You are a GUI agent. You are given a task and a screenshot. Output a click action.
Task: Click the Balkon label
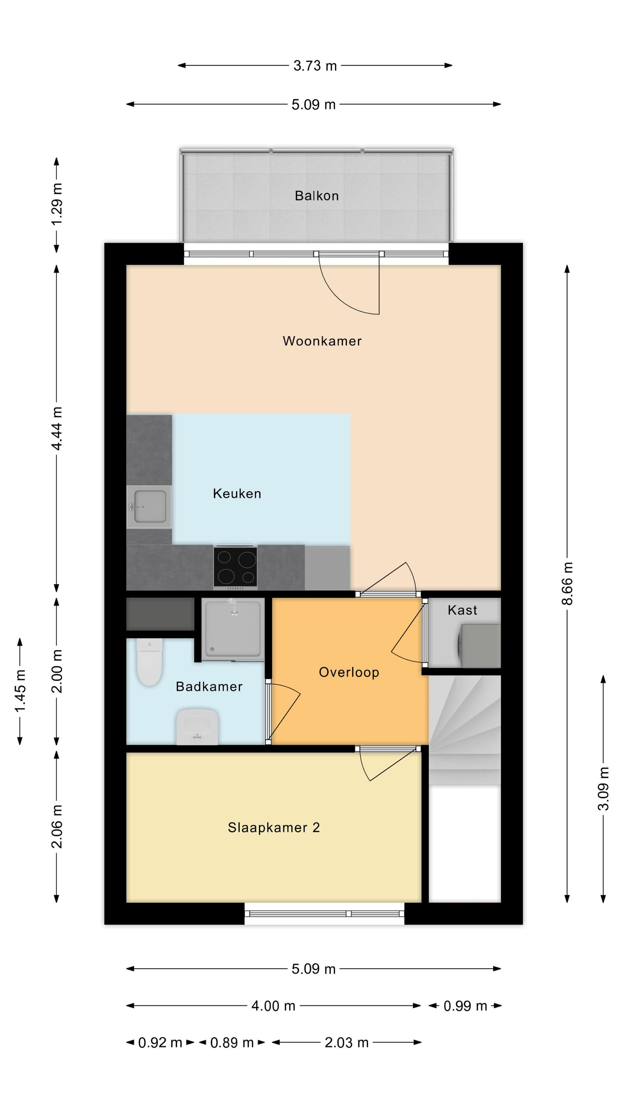(x=316, y=196)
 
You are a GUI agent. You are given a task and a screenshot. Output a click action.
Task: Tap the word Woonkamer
(x=322, y=341)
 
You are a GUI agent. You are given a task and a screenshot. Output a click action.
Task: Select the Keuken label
(x=237, y=493)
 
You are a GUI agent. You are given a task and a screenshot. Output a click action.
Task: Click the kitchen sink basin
(x=149, y=507)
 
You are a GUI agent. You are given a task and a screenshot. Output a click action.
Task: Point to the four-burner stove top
(x=235, y=567)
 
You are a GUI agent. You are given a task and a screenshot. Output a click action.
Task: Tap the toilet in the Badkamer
(x=149, y=662)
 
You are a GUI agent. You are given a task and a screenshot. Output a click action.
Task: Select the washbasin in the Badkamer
(x=197, y=726)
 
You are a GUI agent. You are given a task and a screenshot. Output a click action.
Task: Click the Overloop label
(x=349, y=672)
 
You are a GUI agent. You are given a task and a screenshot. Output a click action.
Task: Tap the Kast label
(x=462, y=610)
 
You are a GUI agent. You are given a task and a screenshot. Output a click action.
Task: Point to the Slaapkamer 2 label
(x=273, y=828)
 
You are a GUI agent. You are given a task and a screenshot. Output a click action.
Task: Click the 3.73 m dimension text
(x=315, y=66)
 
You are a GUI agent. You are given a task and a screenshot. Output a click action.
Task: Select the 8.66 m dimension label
(x=568, y=584)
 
